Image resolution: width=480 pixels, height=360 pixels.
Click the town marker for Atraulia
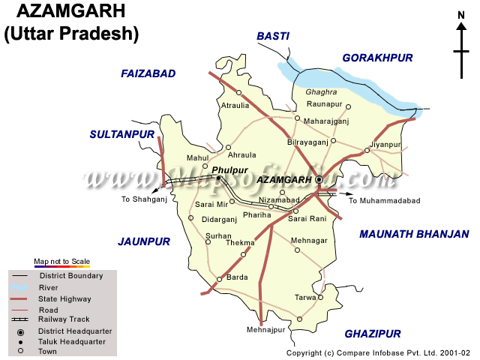click(x=238, y=93)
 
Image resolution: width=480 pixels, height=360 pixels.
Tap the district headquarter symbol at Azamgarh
click(x=319, y=180)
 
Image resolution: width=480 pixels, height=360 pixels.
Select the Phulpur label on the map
click(x=229, y=170)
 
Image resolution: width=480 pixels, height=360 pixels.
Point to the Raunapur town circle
click(x=348, y=106)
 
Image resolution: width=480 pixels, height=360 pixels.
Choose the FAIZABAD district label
click(x=148, y=73)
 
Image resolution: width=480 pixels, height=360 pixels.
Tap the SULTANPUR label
click(x=121, y=134)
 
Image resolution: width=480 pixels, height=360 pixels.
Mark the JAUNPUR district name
click(x=144, y=241)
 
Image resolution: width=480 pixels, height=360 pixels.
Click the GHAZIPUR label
click(x=373, y=334)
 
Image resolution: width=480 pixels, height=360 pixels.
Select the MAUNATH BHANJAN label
click(x=414, y=234)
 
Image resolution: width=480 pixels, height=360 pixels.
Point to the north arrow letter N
click(x=461, y=14)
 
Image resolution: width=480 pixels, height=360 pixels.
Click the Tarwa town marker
click(x=320, y=297)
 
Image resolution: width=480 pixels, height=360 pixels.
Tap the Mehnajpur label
click(x=266, y=330)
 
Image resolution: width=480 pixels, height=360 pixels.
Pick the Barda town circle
click(x=219, y=279)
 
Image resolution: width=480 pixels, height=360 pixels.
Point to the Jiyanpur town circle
click(x=367, y=151)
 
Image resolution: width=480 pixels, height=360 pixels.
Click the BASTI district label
click(x=273, y=35)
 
